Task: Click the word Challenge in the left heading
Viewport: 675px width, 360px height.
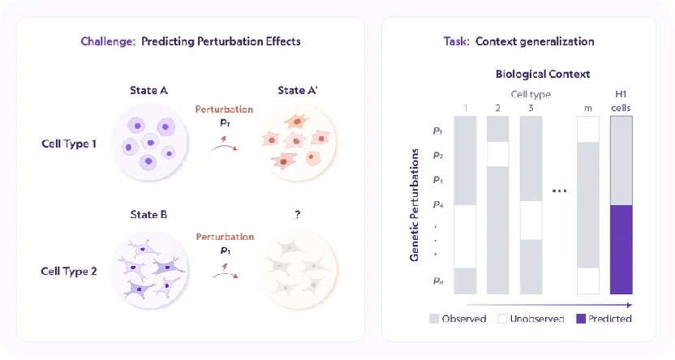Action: point(102,41)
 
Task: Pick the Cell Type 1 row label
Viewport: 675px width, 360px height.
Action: point(69,144)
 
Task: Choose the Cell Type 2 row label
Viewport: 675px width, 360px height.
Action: point(69,272)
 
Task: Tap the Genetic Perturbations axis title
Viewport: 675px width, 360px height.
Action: point(415,204)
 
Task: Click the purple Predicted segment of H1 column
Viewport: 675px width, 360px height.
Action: point(620,249)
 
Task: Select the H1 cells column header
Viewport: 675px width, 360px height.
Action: point(620,101)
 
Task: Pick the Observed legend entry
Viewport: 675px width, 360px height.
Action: point(458,319)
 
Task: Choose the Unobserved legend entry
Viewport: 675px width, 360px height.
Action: point(531,319)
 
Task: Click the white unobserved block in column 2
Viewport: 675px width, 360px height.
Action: point(497,154)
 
